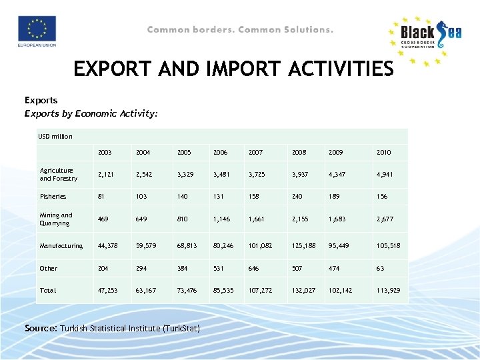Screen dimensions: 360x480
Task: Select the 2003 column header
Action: (x=105, y=153)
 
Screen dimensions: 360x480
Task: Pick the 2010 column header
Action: (x=383, y=153)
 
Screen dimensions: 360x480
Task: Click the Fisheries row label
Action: (x=53, y=197)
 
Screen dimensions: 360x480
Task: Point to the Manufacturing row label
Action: (x=61, y=246)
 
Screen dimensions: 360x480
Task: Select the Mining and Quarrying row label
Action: (x=56, y=219)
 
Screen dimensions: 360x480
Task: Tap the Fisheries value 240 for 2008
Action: (x=297, y=197)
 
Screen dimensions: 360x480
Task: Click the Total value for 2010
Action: (x=389, y=291)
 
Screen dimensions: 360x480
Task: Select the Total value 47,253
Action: (x=108, y=291)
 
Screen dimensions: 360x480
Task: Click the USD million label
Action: (x=55, y=137)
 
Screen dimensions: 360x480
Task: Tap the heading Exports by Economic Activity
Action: (x=91, y=113)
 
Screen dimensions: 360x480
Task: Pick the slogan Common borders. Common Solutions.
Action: (x=240, y=30)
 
